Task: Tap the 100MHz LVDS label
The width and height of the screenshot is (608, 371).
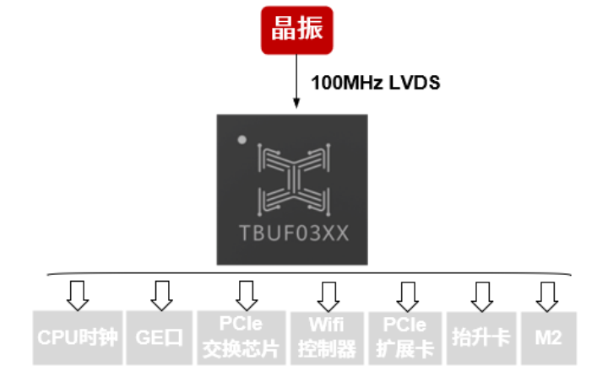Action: [x=376, y=83]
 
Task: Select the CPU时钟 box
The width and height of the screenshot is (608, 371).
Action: [x=79, y=337]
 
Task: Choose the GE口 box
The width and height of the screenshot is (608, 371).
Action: [x=159, y=337]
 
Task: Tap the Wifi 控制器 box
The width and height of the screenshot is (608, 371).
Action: [x=328, y=337]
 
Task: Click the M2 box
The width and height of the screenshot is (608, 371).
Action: [x=548, y=337]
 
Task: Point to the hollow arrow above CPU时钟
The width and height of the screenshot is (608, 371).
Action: [x=79, y=294]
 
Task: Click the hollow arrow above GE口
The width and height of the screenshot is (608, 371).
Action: [x=160, y=294]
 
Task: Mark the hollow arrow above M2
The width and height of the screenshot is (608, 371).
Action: [x=547, y=294]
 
